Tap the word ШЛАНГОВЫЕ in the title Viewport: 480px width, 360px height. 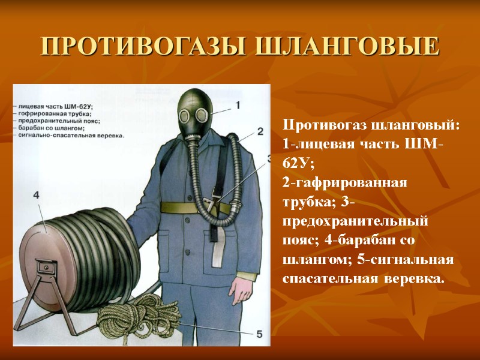[340, 46]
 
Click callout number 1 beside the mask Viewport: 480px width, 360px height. [238, 106]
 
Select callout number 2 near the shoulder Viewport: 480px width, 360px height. [260, 131]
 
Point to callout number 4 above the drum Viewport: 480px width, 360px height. [37, 196]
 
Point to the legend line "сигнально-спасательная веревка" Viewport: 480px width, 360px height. [71, 136]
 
